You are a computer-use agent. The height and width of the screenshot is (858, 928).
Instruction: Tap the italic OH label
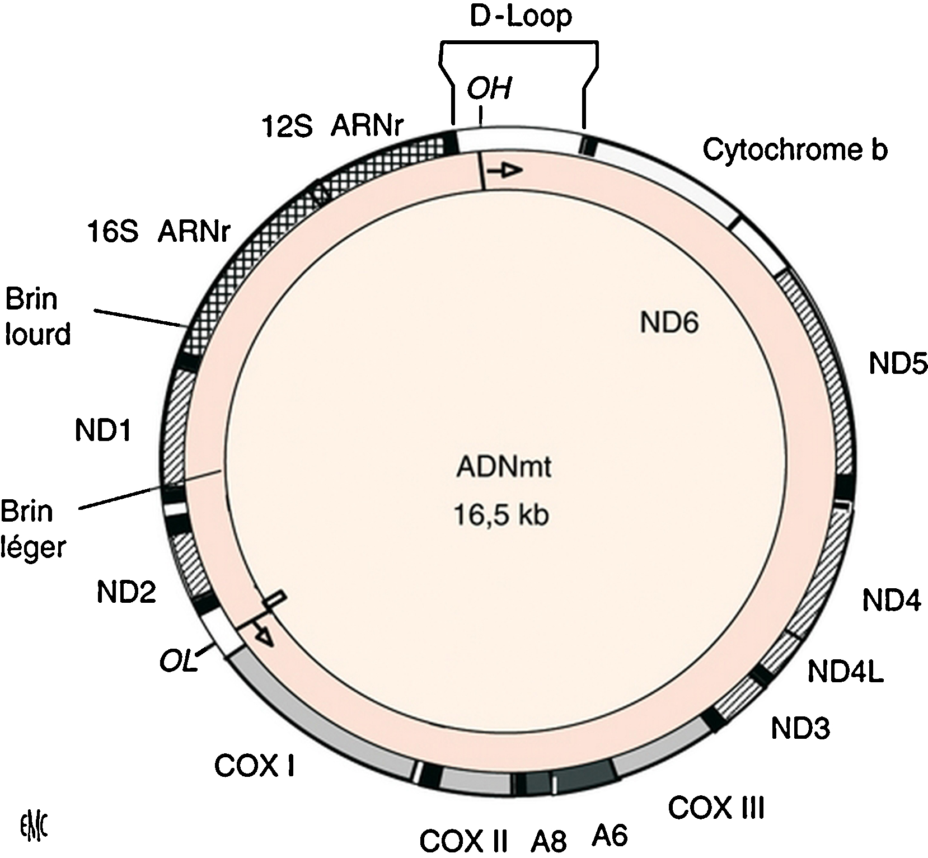pos(489,88)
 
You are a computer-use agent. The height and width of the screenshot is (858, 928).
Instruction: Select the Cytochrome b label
pos(795,149)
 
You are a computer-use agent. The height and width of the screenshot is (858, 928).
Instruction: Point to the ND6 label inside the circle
pos(669,322)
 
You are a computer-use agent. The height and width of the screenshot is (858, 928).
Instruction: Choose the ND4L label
pos(845,672)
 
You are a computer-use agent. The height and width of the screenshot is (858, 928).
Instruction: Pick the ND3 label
pos(800,728)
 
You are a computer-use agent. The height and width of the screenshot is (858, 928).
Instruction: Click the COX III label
pos(716,808)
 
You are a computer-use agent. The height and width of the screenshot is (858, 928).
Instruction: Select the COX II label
pos(464,841)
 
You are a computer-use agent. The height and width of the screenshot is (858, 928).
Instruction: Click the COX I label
pos(255,766)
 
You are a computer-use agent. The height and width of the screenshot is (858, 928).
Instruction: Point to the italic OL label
pos(179,663)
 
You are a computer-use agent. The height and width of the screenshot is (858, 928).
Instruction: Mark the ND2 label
pos(126,592)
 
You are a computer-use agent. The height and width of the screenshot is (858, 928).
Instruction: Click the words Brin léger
pos(34,529)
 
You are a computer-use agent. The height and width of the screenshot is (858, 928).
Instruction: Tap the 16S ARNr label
pos(159,231)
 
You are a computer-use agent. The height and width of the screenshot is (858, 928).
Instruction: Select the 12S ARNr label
pos(333,126)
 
